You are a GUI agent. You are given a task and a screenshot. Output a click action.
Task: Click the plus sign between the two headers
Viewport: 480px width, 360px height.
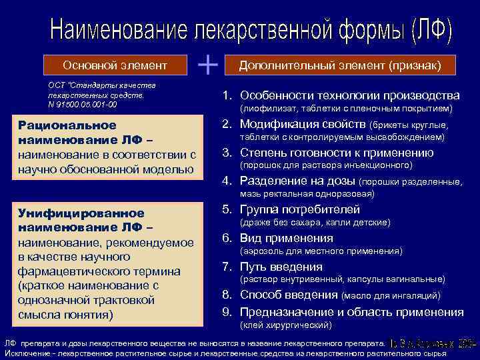209,65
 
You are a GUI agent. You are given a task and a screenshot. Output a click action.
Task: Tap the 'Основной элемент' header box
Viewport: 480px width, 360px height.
115,65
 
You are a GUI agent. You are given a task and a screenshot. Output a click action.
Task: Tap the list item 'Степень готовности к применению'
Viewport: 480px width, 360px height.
337,153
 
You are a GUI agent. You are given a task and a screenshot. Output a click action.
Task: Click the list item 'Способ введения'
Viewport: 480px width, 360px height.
289,295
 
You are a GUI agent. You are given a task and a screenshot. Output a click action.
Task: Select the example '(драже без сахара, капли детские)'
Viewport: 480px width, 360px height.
315,223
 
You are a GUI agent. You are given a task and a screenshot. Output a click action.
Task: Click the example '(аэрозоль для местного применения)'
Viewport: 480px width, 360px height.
321,251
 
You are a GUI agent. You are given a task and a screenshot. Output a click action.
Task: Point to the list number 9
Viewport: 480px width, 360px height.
227,312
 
